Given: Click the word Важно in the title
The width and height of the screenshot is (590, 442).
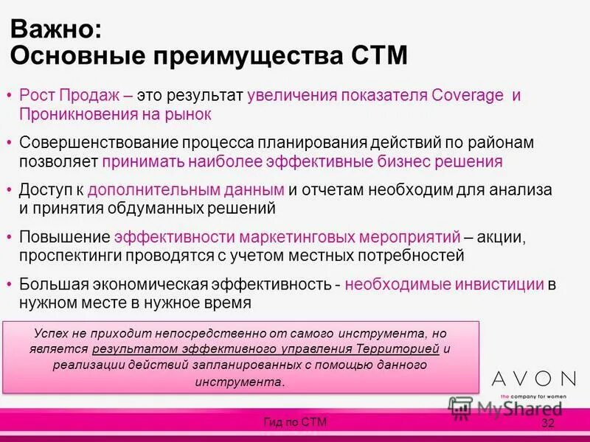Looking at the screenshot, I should pos(52,30).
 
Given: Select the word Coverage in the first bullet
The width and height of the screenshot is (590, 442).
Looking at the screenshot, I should pos(469,97).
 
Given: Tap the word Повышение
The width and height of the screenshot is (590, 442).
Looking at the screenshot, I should pos(63,237).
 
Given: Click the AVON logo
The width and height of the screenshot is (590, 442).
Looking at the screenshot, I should pos(533,379).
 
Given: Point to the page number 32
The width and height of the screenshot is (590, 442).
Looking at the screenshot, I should pos(548,423).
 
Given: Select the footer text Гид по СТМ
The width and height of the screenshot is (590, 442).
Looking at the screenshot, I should pos(295,421).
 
